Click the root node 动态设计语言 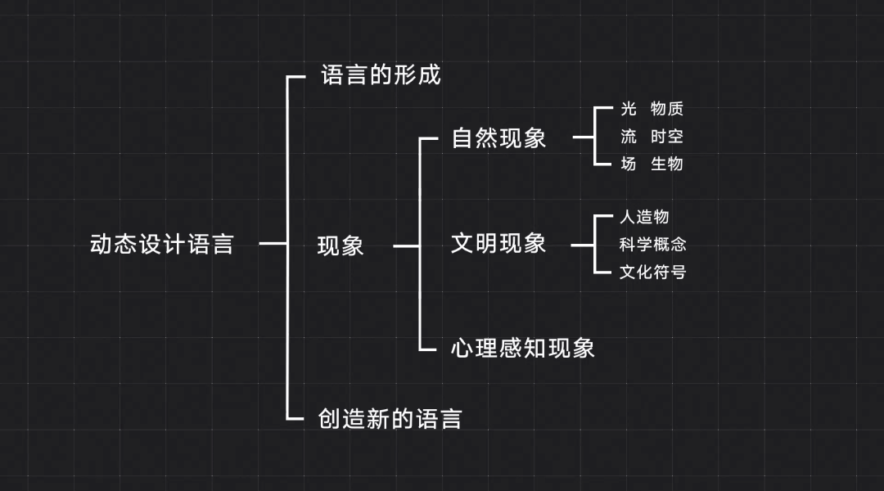click(x=161, y=245)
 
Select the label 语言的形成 click(x=381, y=76)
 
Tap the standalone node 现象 click(x=341, y=245)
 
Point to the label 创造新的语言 click(x=390, y=419)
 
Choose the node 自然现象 click(x=498, y=137)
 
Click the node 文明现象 click(x=498, y=243)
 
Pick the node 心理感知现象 click(x=522, y=349)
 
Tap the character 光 click(x=629, y=110)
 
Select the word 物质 click(x=667, y=110)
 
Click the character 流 click(x=629, y=137)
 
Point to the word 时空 click(x=667, y=137)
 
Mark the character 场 click(x=629, y=164)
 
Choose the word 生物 click(x=667, y=164)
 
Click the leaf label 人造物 click(x=644, y=217)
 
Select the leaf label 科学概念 click(x=652, y=244)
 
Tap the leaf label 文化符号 click(x=652, y=272)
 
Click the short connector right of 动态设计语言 click(x=273, y=243)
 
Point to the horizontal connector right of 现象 click(x=406, y=245)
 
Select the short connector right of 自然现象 click(x=583, y=137)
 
